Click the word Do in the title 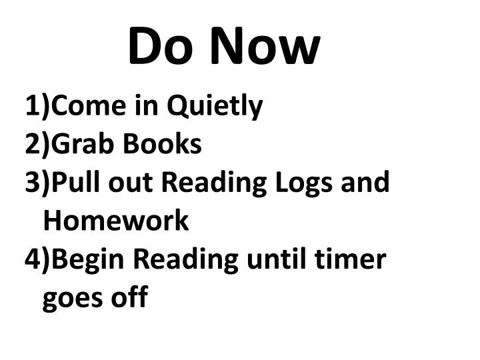coord(159,47)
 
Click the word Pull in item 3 coord(73,182)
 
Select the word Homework coord(115,221)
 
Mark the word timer coord(352,259)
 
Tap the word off coord(129,297)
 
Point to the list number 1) coord(37,106)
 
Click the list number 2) coord(37,144)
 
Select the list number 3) coord(37,182)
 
